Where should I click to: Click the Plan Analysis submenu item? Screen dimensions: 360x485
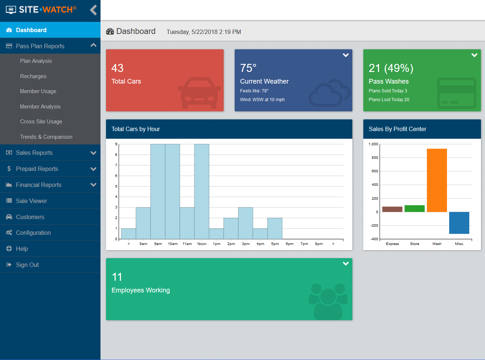pyautogui.click(x=36, y=61)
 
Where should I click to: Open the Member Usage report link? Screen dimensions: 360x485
pyautogui.click(x=38, y=91)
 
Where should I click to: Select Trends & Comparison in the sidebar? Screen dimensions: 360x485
pyautogui.click(x=46, y=137)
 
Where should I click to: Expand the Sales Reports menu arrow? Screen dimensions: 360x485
pyautogui.click(x=93, y=153)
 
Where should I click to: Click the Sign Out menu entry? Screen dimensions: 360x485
pyautogui.click(x=27, y=265)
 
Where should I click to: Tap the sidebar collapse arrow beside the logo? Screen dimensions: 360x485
pyautogui.click(x=94, y=10)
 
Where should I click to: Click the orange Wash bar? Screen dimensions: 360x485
pyautogui.click(x=437, y=180)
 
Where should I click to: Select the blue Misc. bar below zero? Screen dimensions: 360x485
pyautogui.click(x=459, y=223)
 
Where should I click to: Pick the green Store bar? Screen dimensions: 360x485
pyautogui.click(x=414, y=208)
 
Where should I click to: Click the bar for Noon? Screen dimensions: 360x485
pyautogui.click(x=202, y=191)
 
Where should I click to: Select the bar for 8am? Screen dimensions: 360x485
pyautogui.click(x=143, y=223)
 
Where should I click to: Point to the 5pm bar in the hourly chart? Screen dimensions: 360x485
pyautogui.click(x=275, y=229)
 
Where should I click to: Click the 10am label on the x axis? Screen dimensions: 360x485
pyautogui.click(x=173, y=244)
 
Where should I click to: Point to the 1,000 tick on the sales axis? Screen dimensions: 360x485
pyautogui.click(x=373, y=144)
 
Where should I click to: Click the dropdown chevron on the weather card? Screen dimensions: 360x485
pyautogui.click(x=345, y=55)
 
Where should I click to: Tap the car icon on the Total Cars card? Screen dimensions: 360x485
pyautogui.click(x=199, y=93)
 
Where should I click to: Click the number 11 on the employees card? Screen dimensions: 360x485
pyautogui.click(x=117, y=277)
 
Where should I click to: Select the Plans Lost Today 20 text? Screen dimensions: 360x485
pyautogui.click(x=389, y=100)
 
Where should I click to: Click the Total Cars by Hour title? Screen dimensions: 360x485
pyautogui.click(x=136, y=129)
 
